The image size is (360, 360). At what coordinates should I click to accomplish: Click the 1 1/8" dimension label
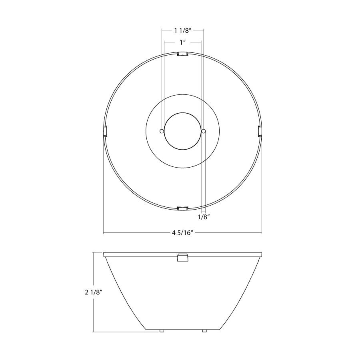coord(182,30)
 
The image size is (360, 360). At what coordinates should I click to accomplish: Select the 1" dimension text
coord(182,42)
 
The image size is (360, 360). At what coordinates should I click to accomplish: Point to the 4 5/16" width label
coord(183,233)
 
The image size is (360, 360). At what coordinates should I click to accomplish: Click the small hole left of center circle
coord(162,131)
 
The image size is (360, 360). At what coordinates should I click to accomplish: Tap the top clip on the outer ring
coord(183,54)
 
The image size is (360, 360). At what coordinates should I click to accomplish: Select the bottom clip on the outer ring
coord(182,208)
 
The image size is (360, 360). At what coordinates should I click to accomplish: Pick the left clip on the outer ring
coord(106,131)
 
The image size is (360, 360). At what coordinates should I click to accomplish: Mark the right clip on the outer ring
coord(260,131)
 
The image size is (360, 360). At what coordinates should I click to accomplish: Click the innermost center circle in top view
coord(182,131)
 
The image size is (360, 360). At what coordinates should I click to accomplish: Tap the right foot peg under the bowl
coord(204,331)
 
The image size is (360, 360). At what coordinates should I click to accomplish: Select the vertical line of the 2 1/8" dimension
coord(93,272)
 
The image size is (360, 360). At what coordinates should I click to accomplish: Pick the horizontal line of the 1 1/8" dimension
coord(168,30)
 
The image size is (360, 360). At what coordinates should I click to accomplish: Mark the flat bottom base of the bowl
coord(182,329)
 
